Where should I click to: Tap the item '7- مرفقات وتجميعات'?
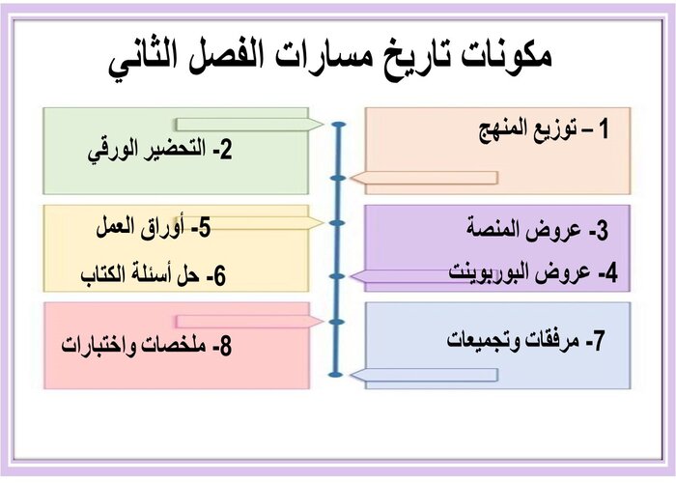[x=526, y=341]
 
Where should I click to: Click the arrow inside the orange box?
[x=424, y=178]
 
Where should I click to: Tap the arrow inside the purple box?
[x=424, y=276]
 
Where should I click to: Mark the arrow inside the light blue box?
[x=424, y=374]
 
